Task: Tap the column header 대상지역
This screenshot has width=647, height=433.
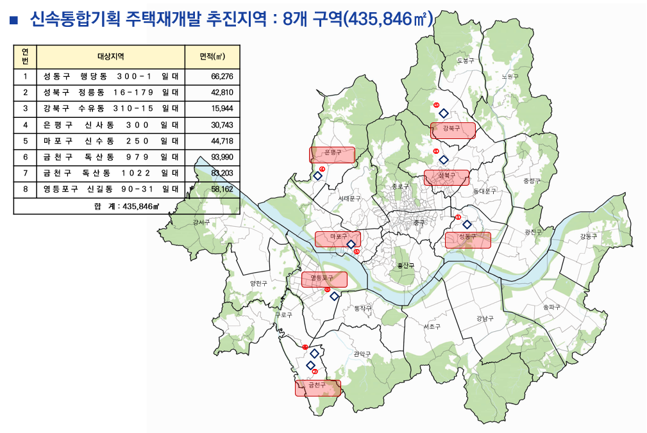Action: coord(111,56)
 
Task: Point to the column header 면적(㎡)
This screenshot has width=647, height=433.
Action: coord(212,56)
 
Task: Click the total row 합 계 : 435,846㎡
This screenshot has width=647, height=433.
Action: coord(126,206)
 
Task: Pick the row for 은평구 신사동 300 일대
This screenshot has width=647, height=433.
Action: coord(111,125)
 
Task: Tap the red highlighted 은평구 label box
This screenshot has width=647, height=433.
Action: coord(332,154)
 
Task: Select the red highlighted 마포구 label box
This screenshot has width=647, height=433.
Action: coord(337,239)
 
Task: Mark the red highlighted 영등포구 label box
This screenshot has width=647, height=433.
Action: coord(324,279)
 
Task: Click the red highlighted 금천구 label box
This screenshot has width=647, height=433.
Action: coord(317,388)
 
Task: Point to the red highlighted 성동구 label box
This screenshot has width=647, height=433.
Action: coord(468,240)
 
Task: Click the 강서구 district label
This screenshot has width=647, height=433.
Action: coord(201,222)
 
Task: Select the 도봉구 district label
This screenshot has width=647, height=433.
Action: coord(466,60)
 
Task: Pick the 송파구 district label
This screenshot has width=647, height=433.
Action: coord(551,307)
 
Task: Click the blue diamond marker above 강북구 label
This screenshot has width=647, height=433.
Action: coord(443,113)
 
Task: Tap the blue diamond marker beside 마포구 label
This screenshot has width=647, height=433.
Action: coord(351,244)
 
